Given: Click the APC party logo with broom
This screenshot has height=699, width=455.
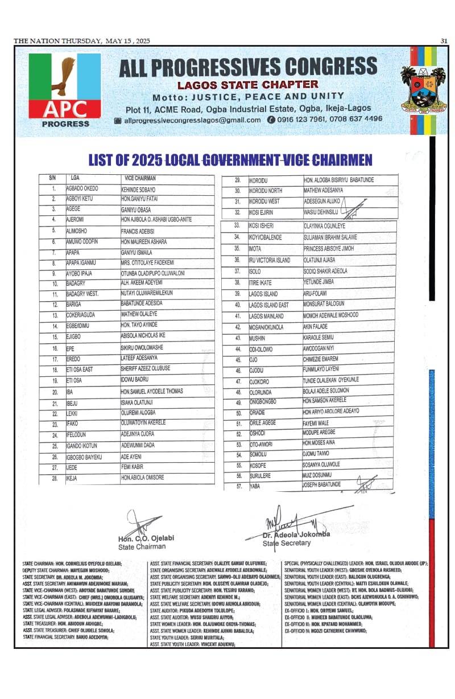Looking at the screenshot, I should (x=65, y=89).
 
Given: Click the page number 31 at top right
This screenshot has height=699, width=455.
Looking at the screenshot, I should (x=444, y=40).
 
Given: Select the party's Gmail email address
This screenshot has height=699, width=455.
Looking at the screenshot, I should (x=192, y=120).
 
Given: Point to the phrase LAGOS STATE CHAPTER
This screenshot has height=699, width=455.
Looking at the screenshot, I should (x=247, y=85).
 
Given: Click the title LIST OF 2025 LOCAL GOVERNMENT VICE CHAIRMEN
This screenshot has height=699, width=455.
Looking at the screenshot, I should (x=230, y=159).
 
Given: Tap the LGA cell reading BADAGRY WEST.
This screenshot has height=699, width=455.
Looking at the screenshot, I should (x=82, y=294).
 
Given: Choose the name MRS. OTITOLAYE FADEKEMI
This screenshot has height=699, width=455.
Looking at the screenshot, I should (x=147, y=263).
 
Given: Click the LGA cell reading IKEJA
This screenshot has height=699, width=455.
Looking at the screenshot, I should (x=75, y=478).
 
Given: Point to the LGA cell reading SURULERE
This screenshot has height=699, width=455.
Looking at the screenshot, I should (x=261, y=475).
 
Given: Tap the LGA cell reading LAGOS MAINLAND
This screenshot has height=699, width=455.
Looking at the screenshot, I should (x=268, y=315).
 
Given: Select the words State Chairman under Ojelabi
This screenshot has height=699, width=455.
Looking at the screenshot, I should (x=142, y=547).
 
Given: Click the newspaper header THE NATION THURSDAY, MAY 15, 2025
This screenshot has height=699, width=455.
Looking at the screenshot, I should (x=82, y=40).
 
